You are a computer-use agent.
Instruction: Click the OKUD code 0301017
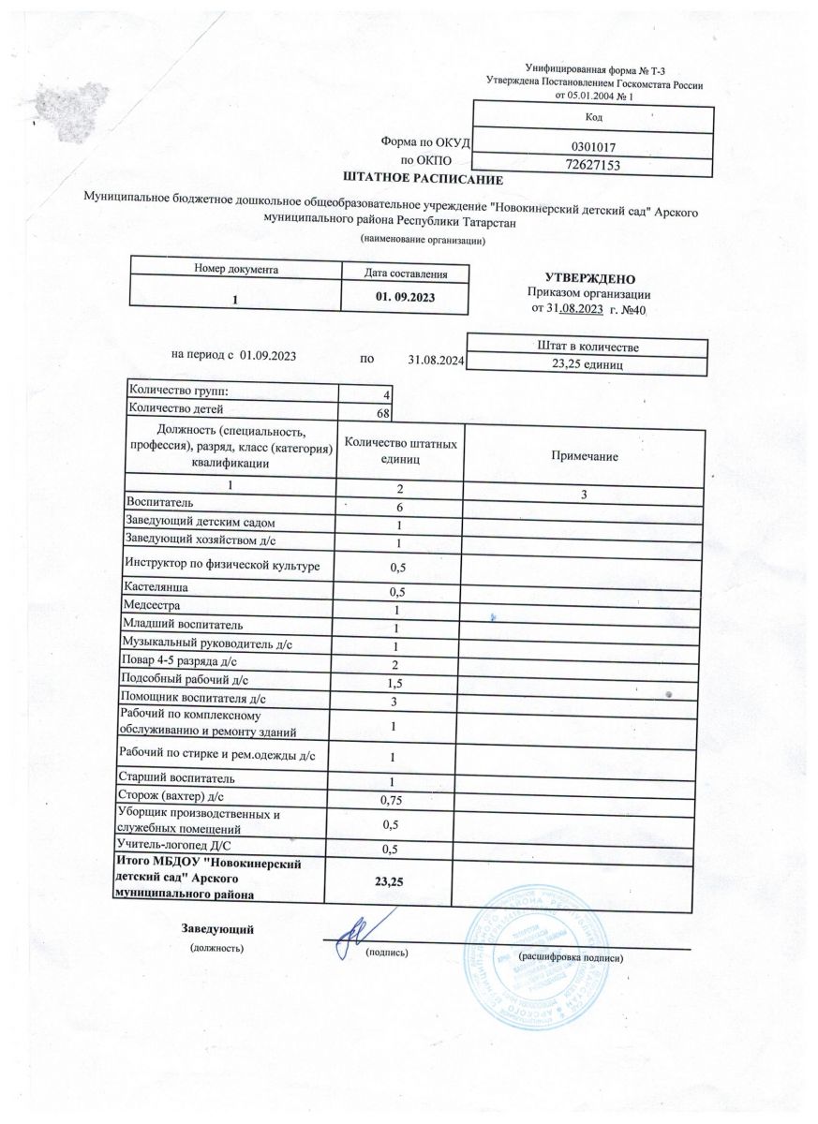591,147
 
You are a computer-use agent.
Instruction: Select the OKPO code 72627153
591,165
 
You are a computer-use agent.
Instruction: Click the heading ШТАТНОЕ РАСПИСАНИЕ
424,179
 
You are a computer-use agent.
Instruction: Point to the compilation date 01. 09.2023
407,297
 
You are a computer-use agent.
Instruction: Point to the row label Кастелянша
155,587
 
